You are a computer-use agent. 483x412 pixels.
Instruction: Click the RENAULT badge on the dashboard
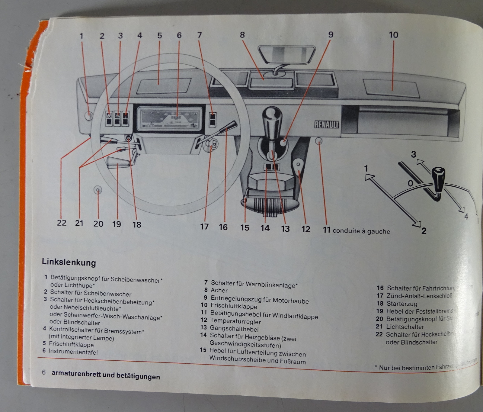coord(326,124)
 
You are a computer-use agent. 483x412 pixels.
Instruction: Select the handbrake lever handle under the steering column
coord(118,163)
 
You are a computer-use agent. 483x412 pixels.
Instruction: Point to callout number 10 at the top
coord(393,35)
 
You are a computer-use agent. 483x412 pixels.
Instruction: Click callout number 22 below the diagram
coord(62,223)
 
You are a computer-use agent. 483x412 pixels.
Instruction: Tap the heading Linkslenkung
coord(69,262)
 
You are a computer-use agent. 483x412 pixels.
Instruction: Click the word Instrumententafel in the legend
coord(73,352)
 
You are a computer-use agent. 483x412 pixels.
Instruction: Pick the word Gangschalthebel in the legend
coord(234,328)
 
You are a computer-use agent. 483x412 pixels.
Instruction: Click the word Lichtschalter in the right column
coord(405,327)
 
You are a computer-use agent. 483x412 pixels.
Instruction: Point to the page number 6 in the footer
coord(44,372)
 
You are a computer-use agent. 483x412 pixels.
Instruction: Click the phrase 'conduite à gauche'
coord(361,231)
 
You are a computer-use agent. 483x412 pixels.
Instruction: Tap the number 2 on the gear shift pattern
coord(424,231)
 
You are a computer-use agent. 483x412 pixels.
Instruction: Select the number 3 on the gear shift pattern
coord(414,154)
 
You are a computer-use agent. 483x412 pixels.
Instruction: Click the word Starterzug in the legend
coord(402,304)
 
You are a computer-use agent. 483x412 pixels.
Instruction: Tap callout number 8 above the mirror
coord(242,35)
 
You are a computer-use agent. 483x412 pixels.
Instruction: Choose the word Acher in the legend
coord(219,290)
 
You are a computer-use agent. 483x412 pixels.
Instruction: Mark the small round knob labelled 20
coord(98,190)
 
